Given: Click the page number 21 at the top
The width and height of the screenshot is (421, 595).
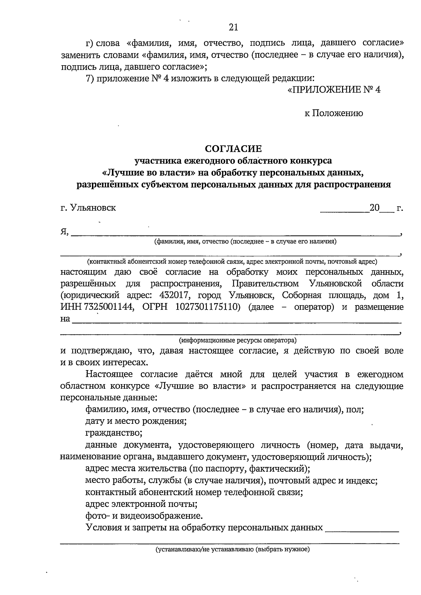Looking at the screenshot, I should (x=233, y=27).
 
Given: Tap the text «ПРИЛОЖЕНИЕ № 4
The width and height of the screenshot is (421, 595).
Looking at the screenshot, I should (x=334, y=90).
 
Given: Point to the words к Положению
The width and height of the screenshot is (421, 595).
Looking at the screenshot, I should (x=333, y=113).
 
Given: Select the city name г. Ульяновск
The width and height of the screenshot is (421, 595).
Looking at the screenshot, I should (x=88, y=208).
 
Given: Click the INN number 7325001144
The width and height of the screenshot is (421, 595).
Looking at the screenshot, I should (x=109, y=307).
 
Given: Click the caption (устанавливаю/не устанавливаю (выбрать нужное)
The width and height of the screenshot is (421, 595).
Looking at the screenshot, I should (x=233, y=549).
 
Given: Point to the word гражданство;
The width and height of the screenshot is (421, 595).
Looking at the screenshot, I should (x=114, y=433).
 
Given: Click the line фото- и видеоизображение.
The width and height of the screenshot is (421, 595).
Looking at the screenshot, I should (x=144, y=516).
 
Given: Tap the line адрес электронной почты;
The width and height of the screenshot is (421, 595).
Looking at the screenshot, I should (x=141, y=504).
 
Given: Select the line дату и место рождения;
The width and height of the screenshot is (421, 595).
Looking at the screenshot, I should (x=136, y=421).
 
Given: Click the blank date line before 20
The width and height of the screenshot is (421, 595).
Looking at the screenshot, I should (x=344, y=210).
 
